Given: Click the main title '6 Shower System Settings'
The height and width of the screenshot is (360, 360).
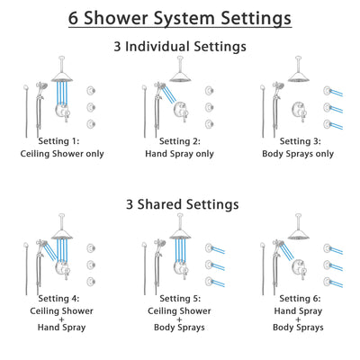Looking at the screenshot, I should pos(180,18).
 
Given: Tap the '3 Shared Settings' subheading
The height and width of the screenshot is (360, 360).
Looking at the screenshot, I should pos(180,204).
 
